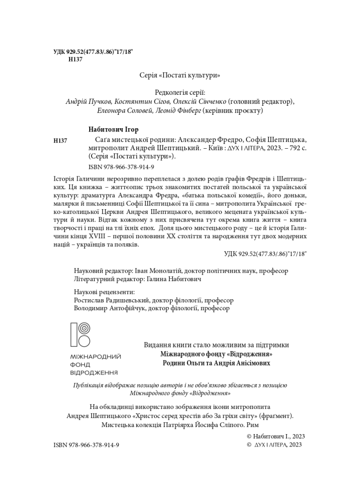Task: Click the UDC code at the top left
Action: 93,51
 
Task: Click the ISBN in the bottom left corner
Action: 86,445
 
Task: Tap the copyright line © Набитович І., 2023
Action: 276,436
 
